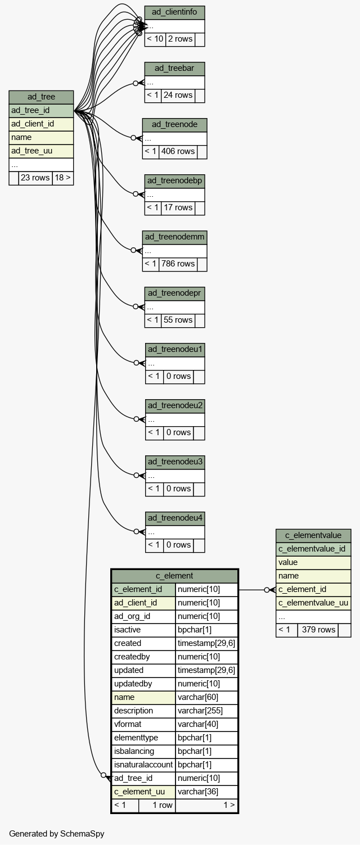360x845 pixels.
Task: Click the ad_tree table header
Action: tap(41, 97)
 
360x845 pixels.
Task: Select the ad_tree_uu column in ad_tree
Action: tap(41, 151)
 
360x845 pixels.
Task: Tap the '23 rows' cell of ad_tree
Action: tap(35, 178)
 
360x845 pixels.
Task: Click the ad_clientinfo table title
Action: tap(174, 12)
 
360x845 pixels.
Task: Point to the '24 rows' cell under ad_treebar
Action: tap(178, 95)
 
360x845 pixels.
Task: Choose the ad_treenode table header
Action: tap(174, 125)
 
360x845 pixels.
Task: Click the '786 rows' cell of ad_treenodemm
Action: tap(178, 264)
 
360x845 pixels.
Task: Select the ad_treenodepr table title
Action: tap(174, 293)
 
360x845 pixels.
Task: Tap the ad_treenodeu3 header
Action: tap(175, 462)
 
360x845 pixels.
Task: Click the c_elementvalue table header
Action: tap(313, 535)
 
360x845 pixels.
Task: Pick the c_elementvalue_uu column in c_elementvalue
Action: tap(313, 603)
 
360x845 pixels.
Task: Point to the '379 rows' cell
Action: tap(318, 630)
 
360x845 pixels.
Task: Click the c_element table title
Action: tap(174, 576)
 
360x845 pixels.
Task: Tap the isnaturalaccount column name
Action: tap(143, 765)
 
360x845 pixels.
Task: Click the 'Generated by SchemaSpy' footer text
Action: tap(57, 833)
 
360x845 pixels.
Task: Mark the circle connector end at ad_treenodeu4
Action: tap(137, 531)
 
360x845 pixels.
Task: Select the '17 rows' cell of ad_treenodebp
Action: tap(178, 207)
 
